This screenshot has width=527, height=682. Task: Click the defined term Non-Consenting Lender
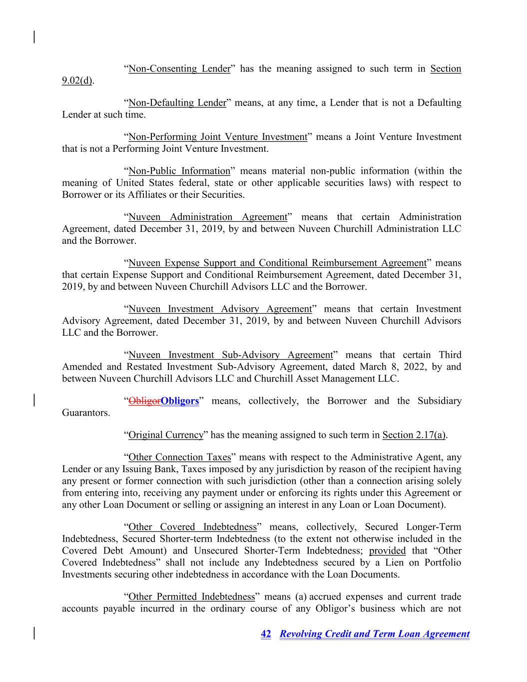(179, 69)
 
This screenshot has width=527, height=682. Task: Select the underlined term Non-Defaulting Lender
(177, 103)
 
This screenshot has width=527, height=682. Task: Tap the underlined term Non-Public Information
(179, 171)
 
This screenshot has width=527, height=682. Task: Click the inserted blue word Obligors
(180, 401)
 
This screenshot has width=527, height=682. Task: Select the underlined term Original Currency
(166, 435)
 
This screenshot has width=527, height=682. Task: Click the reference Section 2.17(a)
(414, 435)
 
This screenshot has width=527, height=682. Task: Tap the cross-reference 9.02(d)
(77, 81)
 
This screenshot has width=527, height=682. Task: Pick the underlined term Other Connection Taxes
(180, 457)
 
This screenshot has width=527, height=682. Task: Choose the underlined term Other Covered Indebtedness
(192, 527)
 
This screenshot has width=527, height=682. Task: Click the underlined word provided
(387, 551)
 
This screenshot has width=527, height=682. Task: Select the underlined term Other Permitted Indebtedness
(192, 597)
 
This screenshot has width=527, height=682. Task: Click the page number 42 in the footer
(266, 634)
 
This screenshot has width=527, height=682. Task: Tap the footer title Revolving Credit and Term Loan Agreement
(375, 634)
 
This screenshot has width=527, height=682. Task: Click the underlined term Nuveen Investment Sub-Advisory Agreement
(230, 355)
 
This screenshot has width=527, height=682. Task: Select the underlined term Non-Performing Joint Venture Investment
(218, 137)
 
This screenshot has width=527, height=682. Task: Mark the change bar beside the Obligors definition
(34, 401)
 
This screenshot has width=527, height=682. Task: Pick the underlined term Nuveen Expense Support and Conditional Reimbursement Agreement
(277, 263)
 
